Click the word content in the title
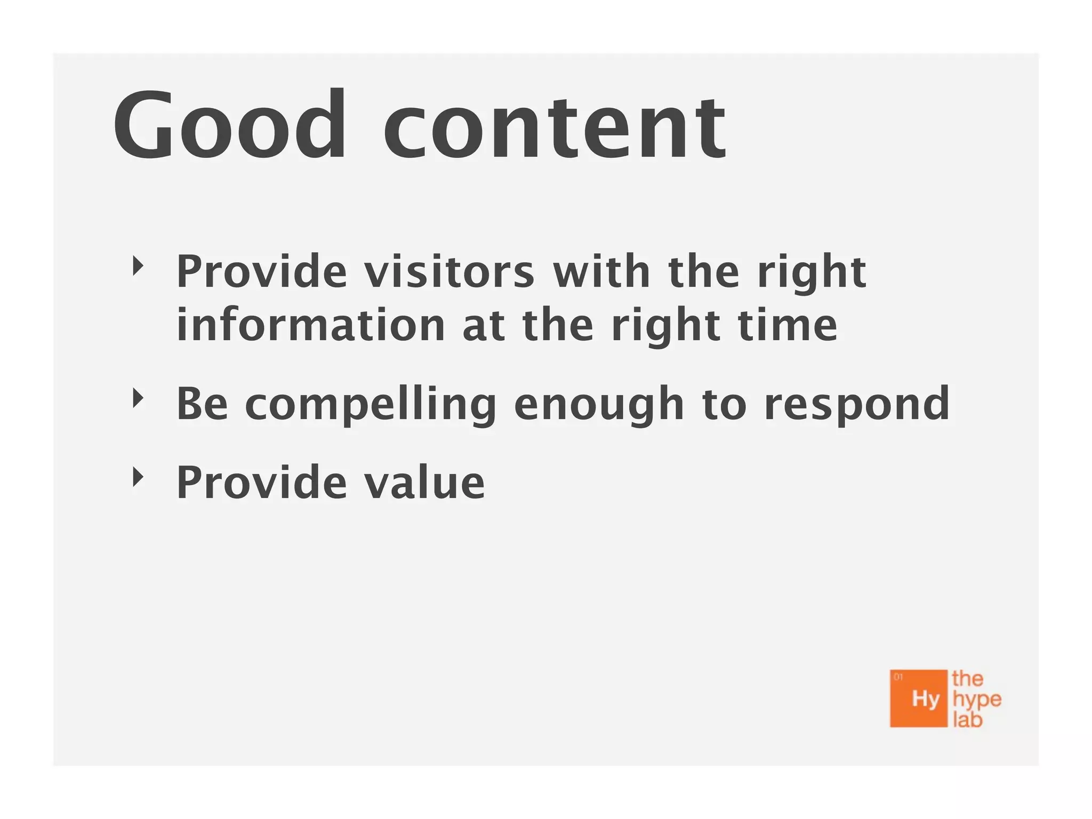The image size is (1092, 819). (x=555, y=128)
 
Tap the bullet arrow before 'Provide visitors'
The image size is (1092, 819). (x=138, y=266)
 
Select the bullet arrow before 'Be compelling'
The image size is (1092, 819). (x=138, y=398)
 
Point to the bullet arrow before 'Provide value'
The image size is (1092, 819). (x=138, y=477)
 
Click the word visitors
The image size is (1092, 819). (x=449, y=271)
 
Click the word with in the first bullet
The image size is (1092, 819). (x=601, y=271)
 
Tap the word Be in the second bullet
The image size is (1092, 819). (x=202, y=404)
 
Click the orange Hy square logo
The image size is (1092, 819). (x=918, y=698)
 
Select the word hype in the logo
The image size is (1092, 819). (x=977, y=699)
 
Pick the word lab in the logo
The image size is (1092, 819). (x=967, y=720)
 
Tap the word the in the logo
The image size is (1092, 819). (x=967, y=679)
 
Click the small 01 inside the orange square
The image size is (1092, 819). (x=898, y=677)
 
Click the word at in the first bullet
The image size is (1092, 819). (x=483, y=326)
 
